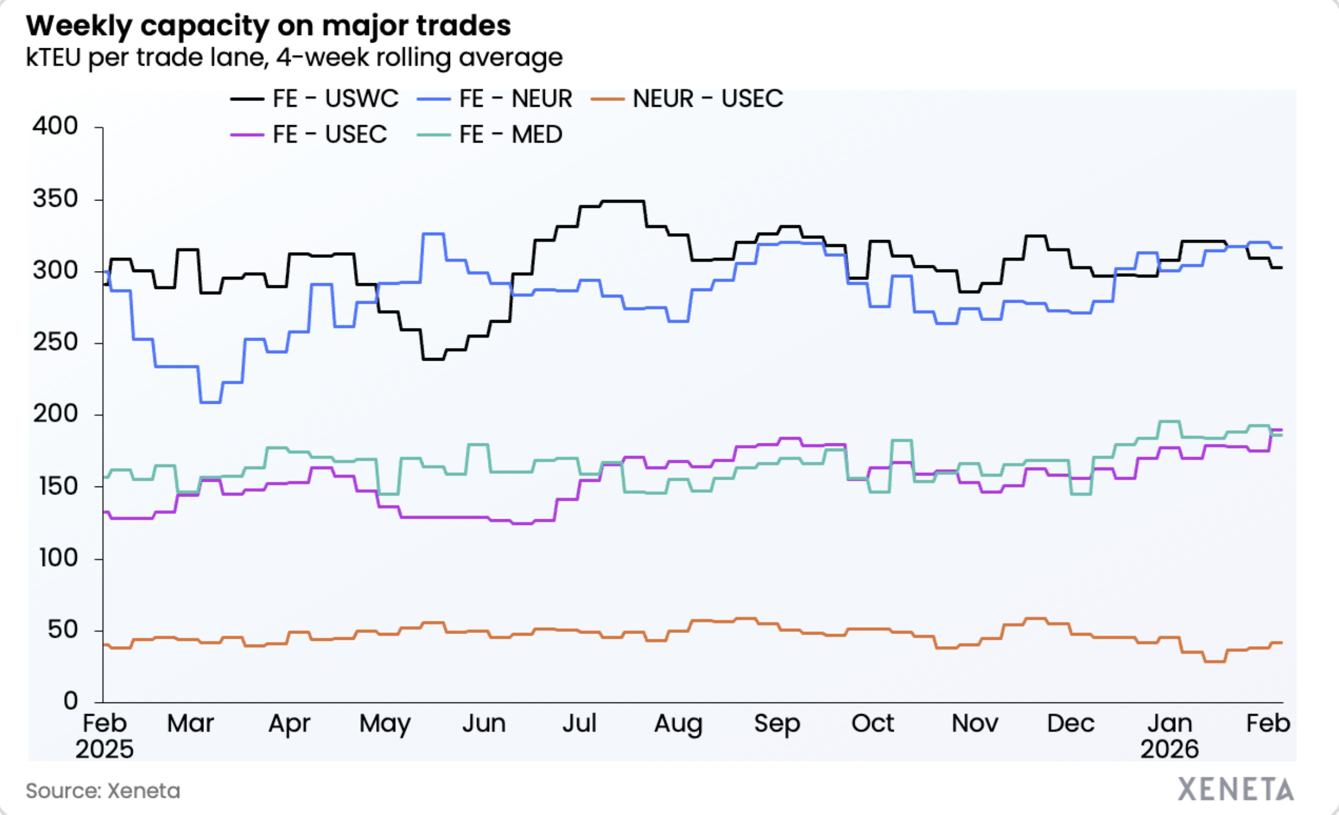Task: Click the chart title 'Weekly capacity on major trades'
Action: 268,26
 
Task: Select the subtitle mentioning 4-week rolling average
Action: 294,58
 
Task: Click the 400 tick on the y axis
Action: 55,126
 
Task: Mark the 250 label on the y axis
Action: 55,342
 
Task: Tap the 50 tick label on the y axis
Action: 63,630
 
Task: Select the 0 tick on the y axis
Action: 70,701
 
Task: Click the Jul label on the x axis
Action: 579,723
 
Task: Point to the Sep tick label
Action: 776,723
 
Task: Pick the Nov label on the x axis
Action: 975,723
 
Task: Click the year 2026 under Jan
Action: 1169,750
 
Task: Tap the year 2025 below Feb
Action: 105,750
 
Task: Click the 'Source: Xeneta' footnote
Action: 103,791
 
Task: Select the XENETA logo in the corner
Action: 1236,790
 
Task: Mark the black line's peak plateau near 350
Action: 622,202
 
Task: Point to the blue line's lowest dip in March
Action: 210,402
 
